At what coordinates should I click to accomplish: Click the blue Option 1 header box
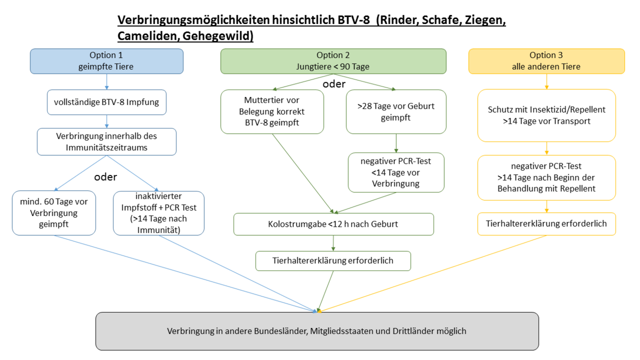107,61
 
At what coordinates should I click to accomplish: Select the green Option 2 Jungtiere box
333,61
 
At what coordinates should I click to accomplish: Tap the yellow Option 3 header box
546,61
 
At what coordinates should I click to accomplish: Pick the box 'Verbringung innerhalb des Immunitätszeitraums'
106,141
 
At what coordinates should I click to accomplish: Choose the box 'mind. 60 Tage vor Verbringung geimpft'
54,213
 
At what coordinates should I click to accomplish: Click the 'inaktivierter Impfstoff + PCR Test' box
158,213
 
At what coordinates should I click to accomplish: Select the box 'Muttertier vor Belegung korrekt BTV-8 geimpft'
272,111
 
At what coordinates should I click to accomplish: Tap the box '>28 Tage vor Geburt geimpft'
396,111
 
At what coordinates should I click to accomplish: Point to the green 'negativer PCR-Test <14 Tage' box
396,172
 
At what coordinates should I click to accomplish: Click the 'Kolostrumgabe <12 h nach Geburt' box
333,224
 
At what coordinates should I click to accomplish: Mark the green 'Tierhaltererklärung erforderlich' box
333,261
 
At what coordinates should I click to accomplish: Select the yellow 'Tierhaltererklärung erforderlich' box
546,224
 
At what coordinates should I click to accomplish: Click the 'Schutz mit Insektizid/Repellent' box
546,115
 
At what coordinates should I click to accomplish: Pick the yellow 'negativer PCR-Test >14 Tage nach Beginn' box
546,177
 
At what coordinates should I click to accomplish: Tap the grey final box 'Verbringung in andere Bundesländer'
317,331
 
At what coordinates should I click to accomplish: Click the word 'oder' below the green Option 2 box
335,84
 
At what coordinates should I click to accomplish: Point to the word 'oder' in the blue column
106,177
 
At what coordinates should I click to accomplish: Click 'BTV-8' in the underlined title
351,21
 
